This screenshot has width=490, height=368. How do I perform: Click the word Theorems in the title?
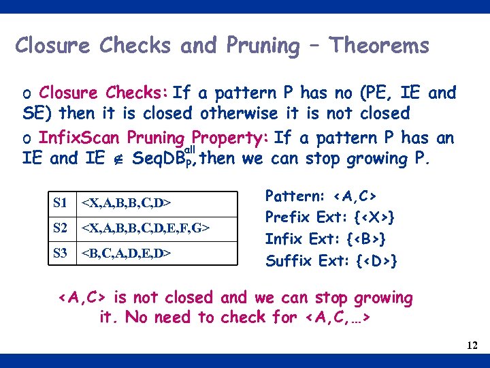(379, 46)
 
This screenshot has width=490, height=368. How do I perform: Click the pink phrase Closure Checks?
(104, 93)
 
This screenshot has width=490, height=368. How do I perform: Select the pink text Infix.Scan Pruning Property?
(154, 138)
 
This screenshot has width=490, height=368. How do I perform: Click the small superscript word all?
(191, 149)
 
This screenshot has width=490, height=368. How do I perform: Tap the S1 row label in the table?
(61, 202)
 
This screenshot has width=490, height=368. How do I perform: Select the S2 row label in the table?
(61, 228)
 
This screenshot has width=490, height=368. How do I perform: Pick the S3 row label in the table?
(61, 253)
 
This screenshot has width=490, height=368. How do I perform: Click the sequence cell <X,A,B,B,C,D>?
(126, 202)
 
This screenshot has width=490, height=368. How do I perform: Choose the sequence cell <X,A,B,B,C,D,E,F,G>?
(145, 228)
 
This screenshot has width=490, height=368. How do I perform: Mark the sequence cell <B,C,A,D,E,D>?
(126, 253)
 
